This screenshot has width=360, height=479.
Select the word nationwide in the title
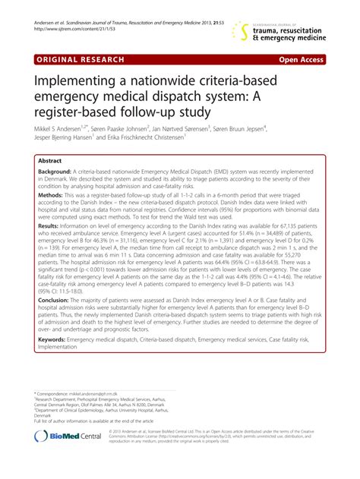click(x=180, y=78)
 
